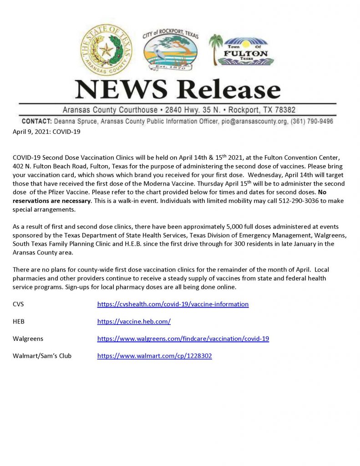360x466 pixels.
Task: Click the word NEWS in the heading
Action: pos(120,90)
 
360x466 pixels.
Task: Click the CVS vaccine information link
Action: pos(173,304)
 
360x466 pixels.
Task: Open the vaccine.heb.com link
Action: pos(134,321)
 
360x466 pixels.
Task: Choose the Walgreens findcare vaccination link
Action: pos(183,339)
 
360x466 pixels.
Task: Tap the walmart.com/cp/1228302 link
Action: pos(154,356)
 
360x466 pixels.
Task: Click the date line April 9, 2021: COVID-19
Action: pos(47,132)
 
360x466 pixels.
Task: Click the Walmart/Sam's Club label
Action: pos(42,356)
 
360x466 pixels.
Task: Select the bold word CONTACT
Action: pos(36,122)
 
